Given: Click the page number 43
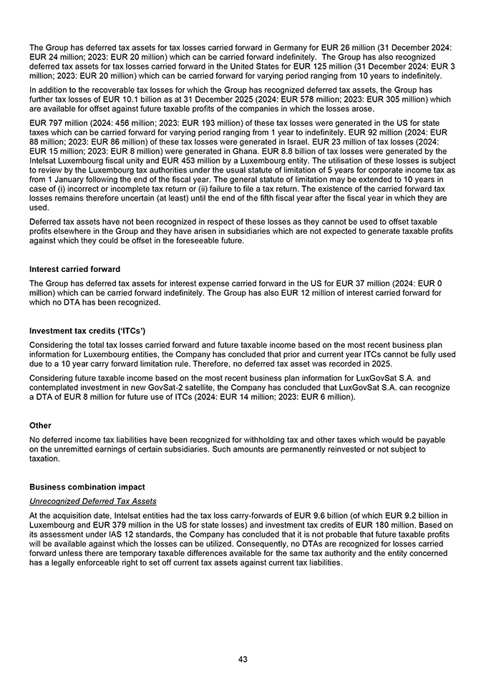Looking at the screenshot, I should pyautogui.click(x=243, y=659).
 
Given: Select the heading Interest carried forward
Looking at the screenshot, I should pyautogui.click(x=74, y=269).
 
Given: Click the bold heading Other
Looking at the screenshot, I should pyautogui.click(x=41, y=425).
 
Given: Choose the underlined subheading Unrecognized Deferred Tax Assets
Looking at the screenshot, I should pyautogui.click(x=93, y=501).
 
